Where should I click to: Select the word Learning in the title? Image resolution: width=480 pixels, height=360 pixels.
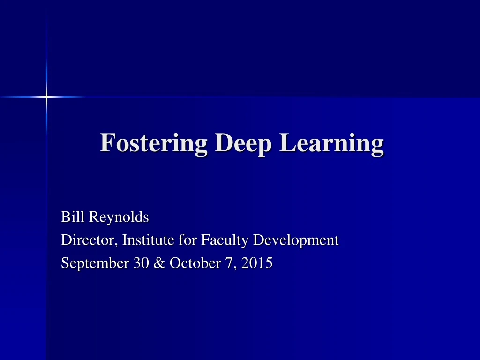[x=332, y=143]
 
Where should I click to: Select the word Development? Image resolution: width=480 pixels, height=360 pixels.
[x=296, y=241]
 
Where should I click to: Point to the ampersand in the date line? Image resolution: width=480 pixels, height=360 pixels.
[x=157, y=263]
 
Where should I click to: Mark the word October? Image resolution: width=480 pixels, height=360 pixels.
[x=190, y=263]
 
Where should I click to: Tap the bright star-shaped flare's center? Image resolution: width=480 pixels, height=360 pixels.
[x=46, y=97]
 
